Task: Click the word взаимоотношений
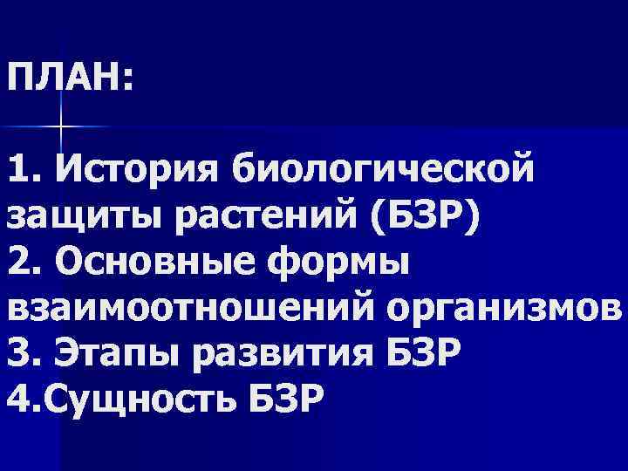click(x=181, y=310)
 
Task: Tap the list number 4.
click(x=19, y=403)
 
